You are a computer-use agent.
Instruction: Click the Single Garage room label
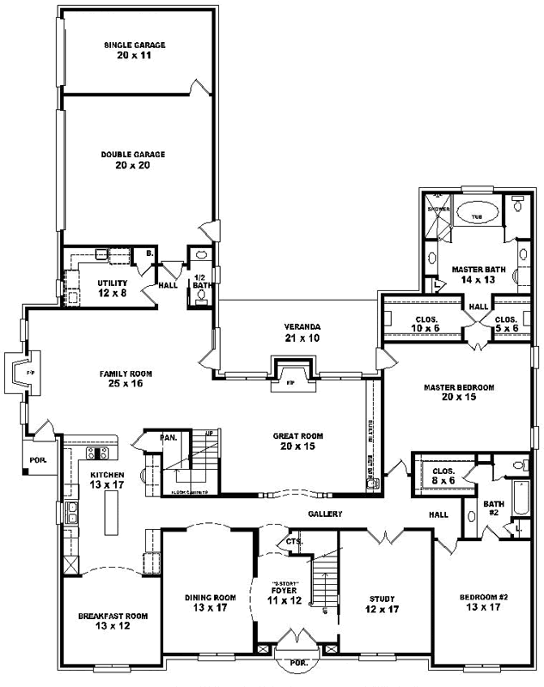click(x=134, y=50)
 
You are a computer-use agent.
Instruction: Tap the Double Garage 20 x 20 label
click(x=132, y=160)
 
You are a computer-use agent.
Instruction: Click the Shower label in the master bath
click(x=438, y=208)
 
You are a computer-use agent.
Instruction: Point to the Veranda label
click(x=303, y=332)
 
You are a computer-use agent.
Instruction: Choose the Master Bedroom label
click(x=459, y=392)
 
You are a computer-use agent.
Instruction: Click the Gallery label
click(x=326, y=514)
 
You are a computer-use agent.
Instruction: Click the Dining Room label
click(x=210, y=602)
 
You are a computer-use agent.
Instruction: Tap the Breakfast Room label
click(x=113, y=621)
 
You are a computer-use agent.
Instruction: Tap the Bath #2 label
click(x=492, y=508)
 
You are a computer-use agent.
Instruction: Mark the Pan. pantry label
click(x=169, y=438)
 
